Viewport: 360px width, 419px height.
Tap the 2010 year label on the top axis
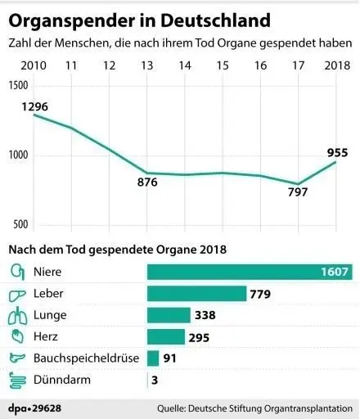[34, 65]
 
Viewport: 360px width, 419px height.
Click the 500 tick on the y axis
[19, 224]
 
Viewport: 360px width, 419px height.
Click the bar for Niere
[249, 272]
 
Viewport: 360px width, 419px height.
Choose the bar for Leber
[196, 293]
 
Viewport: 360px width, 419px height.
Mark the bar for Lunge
[168, 315]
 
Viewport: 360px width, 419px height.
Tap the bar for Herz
[166, 336]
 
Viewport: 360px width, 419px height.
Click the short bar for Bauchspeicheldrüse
[152, 358]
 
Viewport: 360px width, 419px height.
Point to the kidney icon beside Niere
[16, 272]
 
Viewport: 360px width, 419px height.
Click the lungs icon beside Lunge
[16, 315]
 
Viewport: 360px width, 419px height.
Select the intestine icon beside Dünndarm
[16, 380]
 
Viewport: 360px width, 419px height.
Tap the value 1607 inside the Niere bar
[335, 272]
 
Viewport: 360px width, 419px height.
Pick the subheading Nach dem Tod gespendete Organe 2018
[116, 248]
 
